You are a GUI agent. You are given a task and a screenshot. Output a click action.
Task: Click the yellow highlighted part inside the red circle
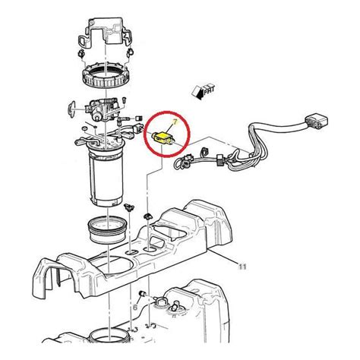click(162, 137)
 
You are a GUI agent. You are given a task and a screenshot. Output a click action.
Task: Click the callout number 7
click(174, 122)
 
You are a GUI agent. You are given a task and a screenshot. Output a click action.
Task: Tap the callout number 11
click(242, 267)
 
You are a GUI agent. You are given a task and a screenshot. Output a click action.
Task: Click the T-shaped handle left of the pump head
click(72, 108)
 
